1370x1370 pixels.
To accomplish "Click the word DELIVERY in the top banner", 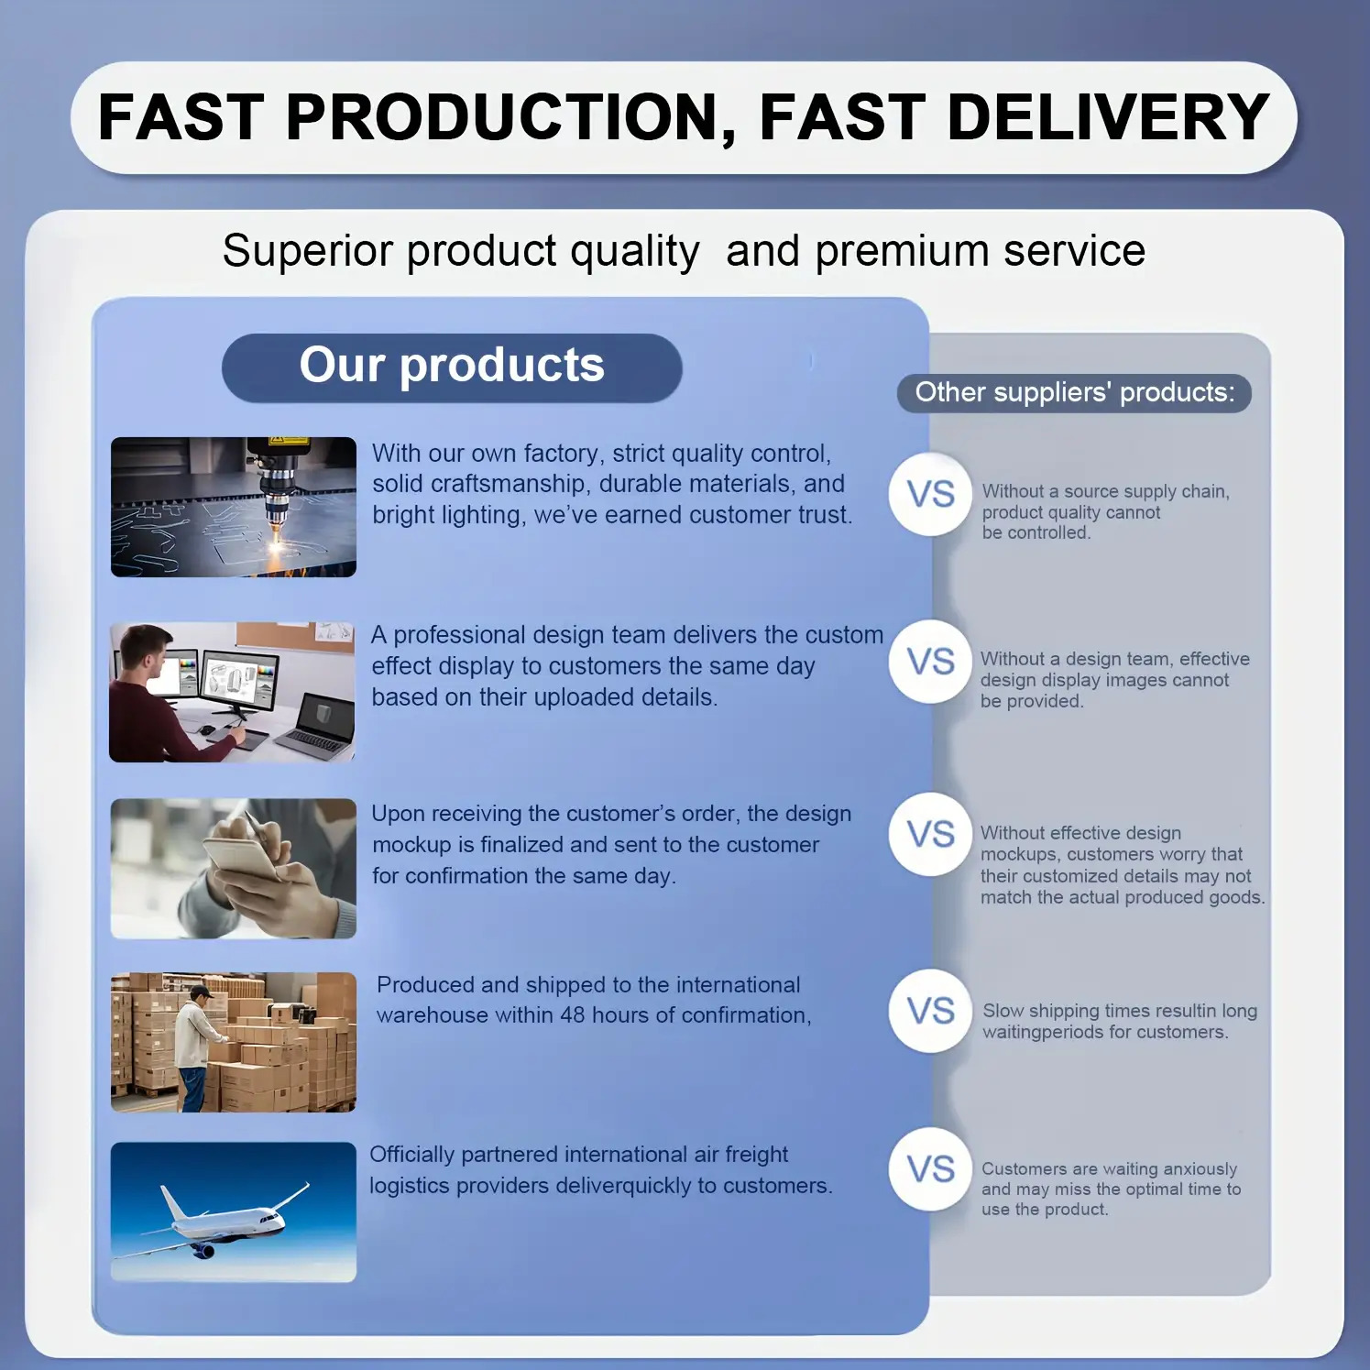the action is (1108, 117).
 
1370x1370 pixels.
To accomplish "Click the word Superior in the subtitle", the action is (307, 251).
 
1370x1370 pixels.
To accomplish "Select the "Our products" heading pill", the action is (452, 367).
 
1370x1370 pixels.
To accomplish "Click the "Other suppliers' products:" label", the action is (1074, 392).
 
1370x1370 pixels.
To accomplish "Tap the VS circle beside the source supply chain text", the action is (930, 494).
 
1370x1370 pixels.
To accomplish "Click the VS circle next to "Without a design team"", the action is (930, 661).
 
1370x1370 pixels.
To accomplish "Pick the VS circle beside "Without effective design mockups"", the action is (930, 834).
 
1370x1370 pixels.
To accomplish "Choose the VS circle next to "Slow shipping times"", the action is (930, 1011).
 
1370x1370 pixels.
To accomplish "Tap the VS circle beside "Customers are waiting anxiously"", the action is (930, 1169).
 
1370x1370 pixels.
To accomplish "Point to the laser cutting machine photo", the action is (234, 507).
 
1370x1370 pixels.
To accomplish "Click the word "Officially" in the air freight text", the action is (411, 1156).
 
